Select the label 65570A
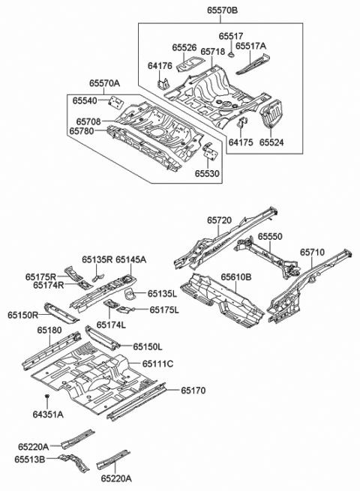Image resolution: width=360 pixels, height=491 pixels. [105, 85]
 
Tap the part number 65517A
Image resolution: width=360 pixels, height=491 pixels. [253, 46]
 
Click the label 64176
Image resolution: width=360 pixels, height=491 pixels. [160, 67]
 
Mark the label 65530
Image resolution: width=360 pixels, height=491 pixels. [208, 173]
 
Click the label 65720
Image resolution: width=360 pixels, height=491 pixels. [220, 221]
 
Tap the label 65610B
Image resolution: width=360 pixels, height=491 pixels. [236, 277]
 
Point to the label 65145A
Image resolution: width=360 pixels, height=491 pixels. [130, 259]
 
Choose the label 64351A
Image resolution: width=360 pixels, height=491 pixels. [48, 414]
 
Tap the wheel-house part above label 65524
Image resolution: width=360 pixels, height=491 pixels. [271, 115]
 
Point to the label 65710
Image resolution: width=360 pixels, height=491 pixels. [313, 253]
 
